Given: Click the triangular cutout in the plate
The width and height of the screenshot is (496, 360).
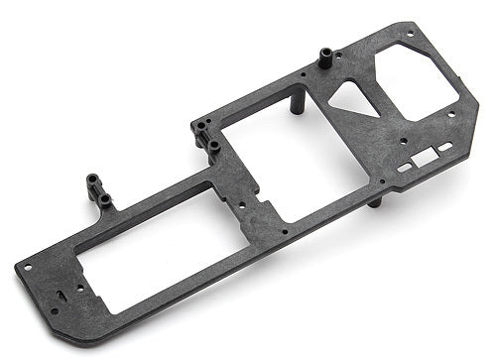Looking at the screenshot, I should (347, 96).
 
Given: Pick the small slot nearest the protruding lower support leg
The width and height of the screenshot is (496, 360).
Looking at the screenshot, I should (403, 169).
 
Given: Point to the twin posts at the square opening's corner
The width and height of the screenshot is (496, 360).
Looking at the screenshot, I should (204, 137).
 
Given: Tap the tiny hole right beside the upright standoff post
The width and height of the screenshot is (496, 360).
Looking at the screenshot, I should (301, 72).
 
